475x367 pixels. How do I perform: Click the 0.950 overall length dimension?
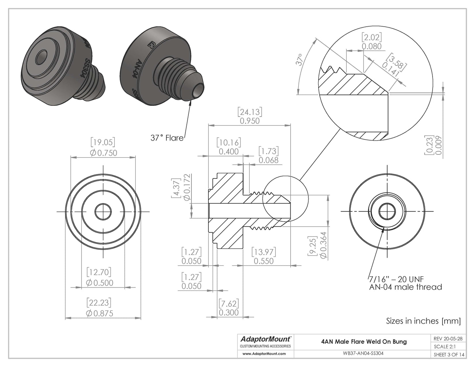tap(249, 121)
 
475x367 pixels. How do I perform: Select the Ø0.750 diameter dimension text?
tap(103, 153)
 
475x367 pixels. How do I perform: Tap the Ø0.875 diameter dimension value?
tap(99, 313)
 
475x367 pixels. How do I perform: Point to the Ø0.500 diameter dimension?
tap(99, 283)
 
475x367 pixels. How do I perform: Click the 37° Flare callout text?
tap(167, 138)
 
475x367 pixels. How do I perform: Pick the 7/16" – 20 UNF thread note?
tap(396, 279)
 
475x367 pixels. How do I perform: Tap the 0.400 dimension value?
tap(228, 151)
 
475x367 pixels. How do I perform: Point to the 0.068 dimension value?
tap(268, 160)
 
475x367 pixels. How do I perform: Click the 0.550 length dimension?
tap(264, 261)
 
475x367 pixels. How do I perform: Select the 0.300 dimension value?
tap(228, 312)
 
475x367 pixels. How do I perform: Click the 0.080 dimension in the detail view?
tap(372, 46)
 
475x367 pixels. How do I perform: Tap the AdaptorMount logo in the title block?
tap(265, 339)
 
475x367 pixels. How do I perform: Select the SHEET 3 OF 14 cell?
tap(449, 354)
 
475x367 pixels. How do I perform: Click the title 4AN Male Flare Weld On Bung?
tap(364, 341)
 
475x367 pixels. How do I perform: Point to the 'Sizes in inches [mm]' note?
tap(423, 321)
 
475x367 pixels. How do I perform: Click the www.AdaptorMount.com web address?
tap(264, 354)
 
